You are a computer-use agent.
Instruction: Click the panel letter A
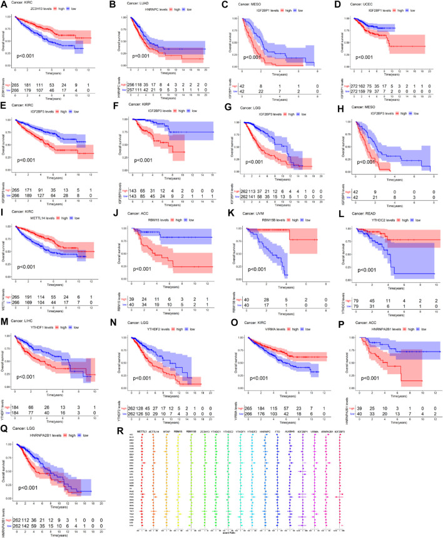(4, 4)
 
